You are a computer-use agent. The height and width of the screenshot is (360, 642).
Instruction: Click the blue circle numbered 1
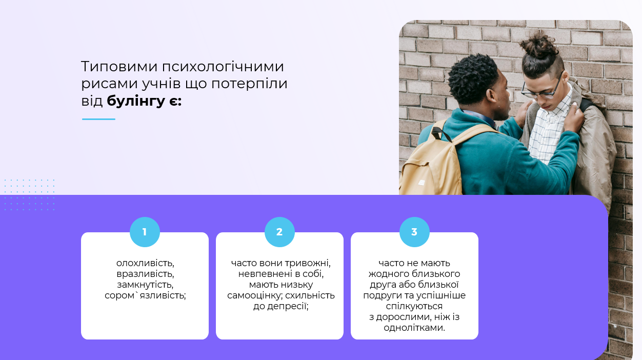pyautogui.click(x=145, y=232)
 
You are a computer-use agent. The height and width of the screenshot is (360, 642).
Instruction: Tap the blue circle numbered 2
pyautogui.click(x=279, y=232)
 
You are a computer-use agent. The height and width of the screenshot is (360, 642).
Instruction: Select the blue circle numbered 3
pyautogui.click(x=414, y=232)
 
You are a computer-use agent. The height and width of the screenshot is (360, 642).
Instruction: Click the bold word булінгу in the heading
pyautogui.click(x=136, y=101)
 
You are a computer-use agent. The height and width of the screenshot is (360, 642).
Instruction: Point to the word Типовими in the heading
pyautogui.click(x=119, y=67)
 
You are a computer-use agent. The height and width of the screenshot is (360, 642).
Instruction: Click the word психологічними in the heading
pyautogui.click(x=223, y=67)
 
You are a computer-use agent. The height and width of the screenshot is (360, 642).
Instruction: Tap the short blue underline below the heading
pyautogui.click(x=98, y=119)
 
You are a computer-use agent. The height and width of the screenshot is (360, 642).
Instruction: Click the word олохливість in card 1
pyautogui.click(x=145, y=263)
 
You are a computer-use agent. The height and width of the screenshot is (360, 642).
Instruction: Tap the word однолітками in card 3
pyautogui.click(x=414, y=328)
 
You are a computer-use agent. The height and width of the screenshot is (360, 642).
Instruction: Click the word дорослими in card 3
pyautogui.click(x=404, y=317)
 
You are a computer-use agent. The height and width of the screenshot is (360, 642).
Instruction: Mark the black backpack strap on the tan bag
pyautogui.click(x=442, y=133)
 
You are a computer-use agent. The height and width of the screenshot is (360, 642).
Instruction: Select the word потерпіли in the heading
pyautogui.click(x=249, y=84)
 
